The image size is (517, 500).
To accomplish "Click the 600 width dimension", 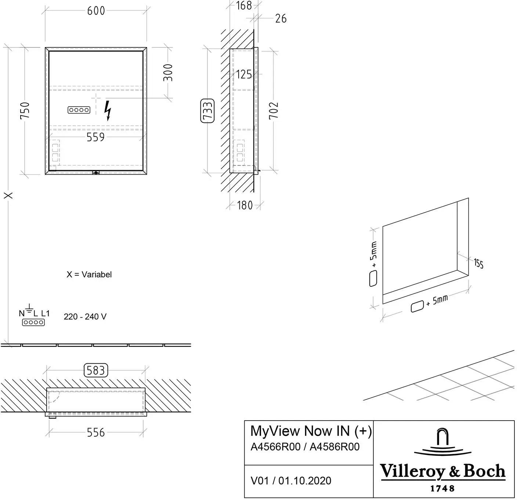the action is (96, 11).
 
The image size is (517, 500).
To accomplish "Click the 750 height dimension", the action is (25, 111).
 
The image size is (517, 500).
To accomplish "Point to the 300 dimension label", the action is (168, 72).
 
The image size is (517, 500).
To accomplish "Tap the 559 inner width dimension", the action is (95, 137).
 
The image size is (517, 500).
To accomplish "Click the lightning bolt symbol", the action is (108, 111).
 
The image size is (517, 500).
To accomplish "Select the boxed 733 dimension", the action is (207, 111).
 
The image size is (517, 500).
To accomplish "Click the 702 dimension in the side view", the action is (274, 111).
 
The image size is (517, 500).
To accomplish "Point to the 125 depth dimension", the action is (244, 75).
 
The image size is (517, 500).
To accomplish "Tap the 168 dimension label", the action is (244, 6).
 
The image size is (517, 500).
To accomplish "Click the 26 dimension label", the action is (281, 19).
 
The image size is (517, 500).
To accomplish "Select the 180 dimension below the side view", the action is (245, 205).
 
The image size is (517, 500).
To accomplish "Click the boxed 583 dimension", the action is (96, 370).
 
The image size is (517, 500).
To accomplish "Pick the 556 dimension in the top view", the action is (96, 433).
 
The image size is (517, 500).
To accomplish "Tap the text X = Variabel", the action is (89, 275).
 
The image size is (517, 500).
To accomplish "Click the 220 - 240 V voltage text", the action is (85, 317).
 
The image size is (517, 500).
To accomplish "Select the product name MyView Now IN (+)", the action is (311, 431).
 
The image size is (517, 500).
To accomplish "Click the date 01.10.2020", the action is (305, 481).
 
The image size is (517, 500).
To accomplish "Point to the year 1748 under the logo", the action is (442, 488).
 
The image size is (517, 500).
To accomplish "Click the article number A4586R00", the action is (335, 447).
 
